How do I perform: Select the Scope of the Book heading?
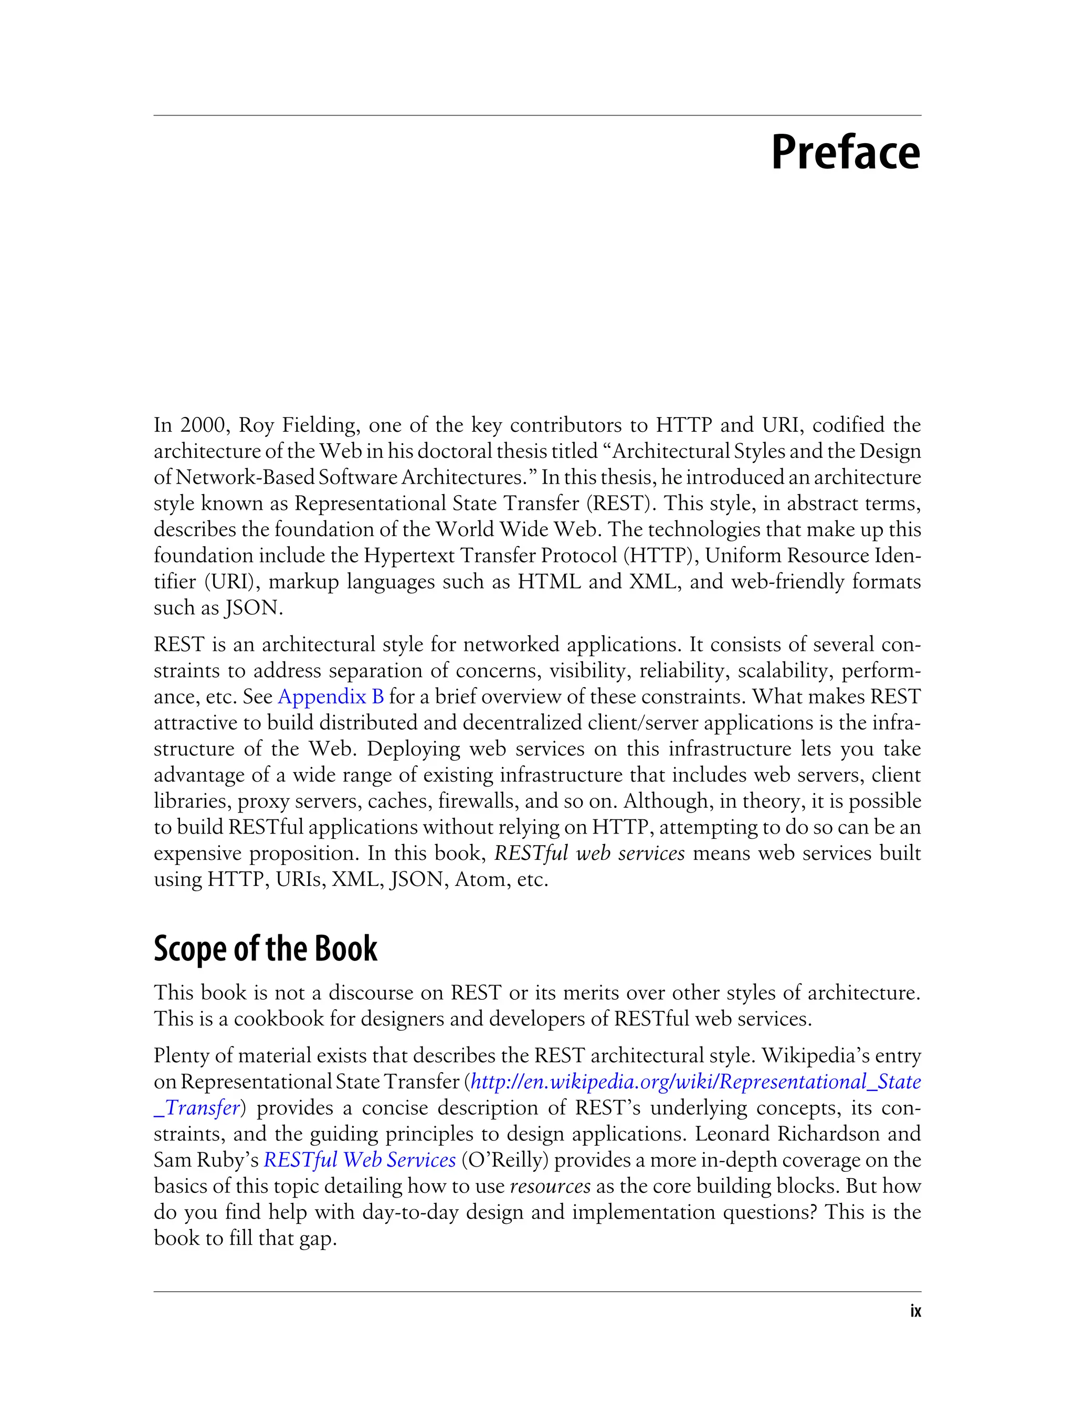point(266,948)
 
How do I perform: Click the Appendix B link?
point(331,697)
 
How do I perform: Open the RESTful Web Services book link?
point(360,1160)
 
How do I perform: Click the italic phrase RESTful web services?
point(589,853)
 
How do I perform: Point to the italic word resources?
point(550,1186)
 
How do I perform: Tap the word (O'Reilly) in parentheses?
point(508,1160)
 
